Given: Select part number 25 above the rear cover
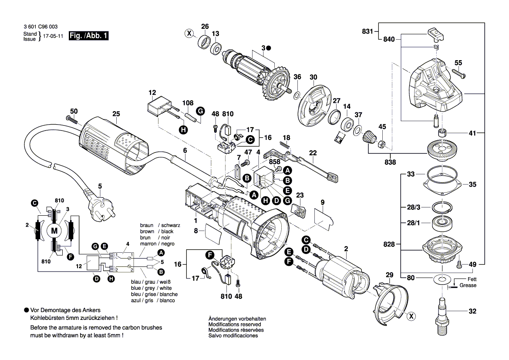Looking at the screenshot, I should tap(116, 114).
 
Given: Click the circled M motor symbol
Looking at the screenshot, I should tap(54, 231).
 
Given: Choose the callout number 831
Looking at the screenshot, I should tap(368, 31).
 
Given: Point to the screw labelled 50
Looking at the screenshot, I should tap(71, 119).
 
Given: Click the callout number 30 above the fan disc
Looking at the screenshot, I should tap(313, 77).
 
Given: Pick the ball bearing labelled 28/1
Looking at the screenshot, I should tap(441, 224).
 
